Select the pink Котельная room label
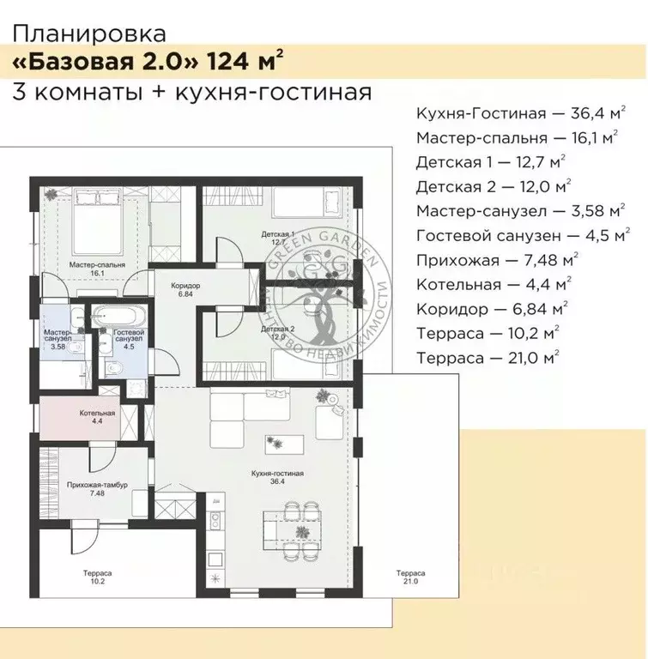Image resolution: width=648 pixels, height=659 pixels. pos(92,417)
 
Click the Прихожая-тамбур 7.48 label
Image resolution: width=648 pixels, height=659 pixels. pos(97,488)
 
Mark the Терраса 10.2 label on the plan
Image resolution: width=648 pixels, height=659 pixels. pos(96,577)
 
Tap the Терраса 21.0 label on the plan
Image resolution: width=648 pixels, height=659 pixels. pos(408,577)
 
